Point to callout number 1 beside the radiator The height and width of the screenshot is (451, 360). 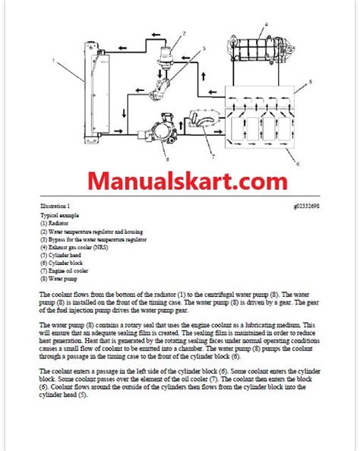53,58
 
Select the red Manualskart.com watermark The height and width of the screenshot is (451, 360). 181,182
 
